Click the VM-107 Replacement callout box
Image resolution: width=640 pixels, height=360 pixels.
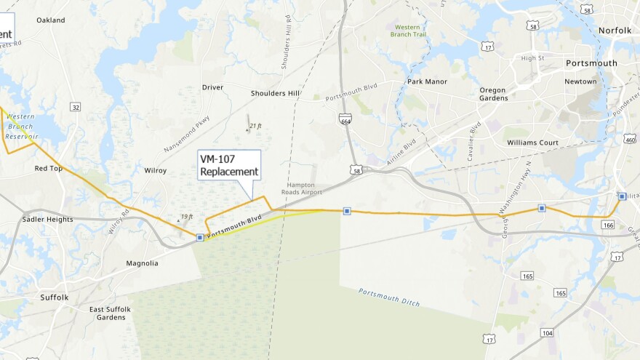[229, 165]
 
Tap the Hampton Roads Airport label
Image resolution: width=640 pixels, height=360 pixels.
[300, 189]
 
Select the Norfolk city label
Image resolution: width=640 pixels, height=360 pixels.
[615, 31]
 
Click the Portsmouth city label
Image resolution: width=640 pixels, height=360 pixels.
[591, 63]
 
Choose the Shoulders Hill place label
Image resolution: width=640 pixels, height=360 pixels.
[275, 94]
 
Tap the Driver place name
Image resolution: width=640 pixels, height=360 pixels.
[212, 87]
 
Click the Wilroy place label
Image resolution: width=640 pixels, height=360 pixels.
[156, 171]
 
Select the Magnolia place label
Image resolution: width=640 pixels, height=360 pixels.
[142, 263]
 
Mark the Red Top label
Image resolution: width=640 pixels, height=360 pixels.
[49, 169]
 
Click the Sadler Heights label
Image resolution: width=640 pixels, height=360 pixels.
[47, 219]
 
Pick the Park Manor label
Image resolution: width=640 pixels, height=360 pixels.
[427, 81]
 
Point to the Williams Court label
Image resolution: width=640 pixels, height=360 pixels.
[532, 143]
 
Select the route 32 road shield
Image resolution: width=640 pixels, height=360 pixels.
[76, 107]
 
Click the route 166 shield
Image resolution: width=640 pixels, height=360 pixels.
[609, 226]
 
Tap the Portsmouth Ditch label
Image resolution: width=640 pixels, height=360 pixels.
[389, 297]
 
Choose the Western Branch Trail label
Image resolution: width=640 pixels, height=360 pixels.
[407, 31]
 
